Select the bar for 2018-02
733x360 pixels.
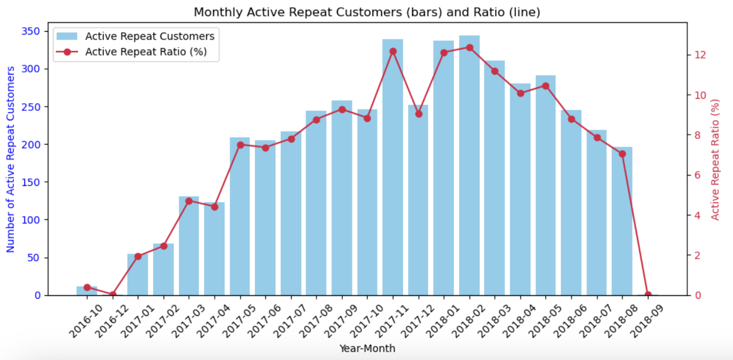(469, 165)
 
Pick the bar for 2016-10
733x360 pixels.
(87, 291)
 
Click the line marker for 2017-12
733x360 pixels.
(419, 114)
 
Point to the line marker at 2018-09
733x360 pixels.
(648, 295)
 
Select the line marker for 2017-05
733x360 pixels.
(240, 145)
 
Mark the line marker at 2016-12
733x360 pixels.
(113, 295)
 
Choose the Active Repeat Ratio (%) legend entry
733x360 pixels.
(146, 52)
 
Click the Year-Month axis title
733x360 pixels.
(367, 349)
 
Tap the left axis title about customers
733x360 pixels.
(10, 160)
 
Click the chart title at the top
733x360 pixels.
(367, 12)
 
